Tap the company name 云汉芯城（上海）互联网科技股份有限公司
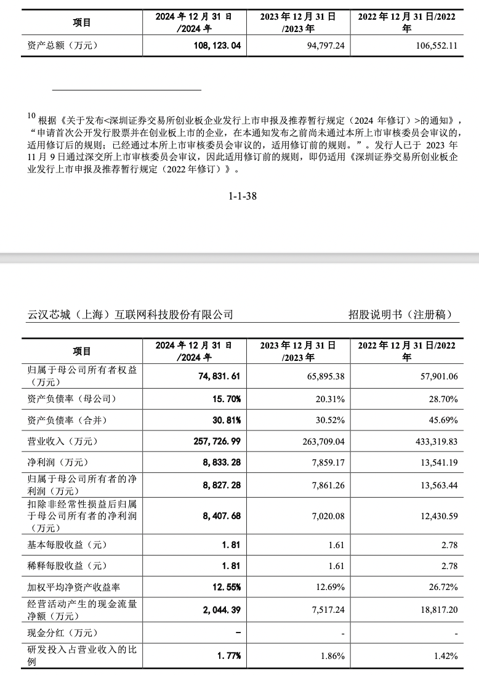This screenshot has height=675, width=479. (131, 314)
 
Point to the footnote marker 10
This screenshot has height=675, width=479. (31, 116)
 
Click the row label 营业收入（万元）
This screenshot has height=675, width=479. (63, 442)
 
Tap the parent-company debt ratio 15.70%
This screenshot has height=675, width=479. (225, 399)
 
